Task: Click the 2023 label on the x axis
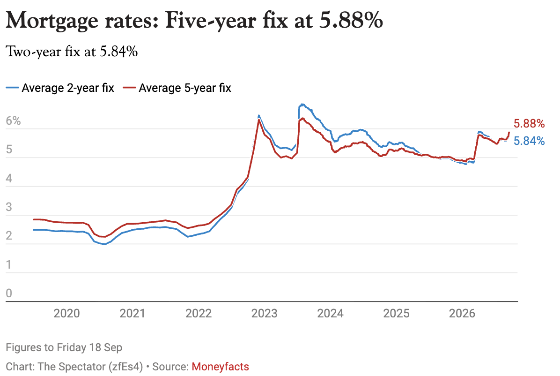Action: click(264, 313)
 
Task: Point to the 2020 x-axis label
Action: click(67, 313)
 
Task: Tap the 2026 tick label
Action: click(462, 313)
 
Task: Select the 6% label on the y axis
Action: click(13, 121)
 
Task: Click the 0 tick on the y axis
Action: click(9, 293)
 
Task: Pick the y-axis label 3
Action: click(9, 207)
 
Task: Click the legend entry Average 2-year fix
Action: click(60, 88)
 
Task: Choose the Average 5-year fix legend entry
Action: click(177, 88)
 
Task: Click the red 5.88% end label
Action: click(529, 124)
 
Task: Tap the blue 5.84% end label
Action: click(529, 141)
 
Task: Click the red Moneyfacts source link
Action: click(221, 367)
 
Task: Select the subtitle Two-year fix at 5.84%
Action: click(72, 52)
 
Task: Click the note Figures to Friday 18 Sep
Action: click(64, 347)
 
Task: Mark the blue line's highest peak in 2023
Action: click(302, 104)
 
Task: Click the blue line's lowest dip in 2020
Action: click(105, 244)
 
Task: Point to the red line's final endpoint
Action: click(509, 132)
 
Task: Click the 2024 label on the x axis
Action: click(331, 313)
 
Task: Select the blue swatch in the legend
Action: click(12, 88)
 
